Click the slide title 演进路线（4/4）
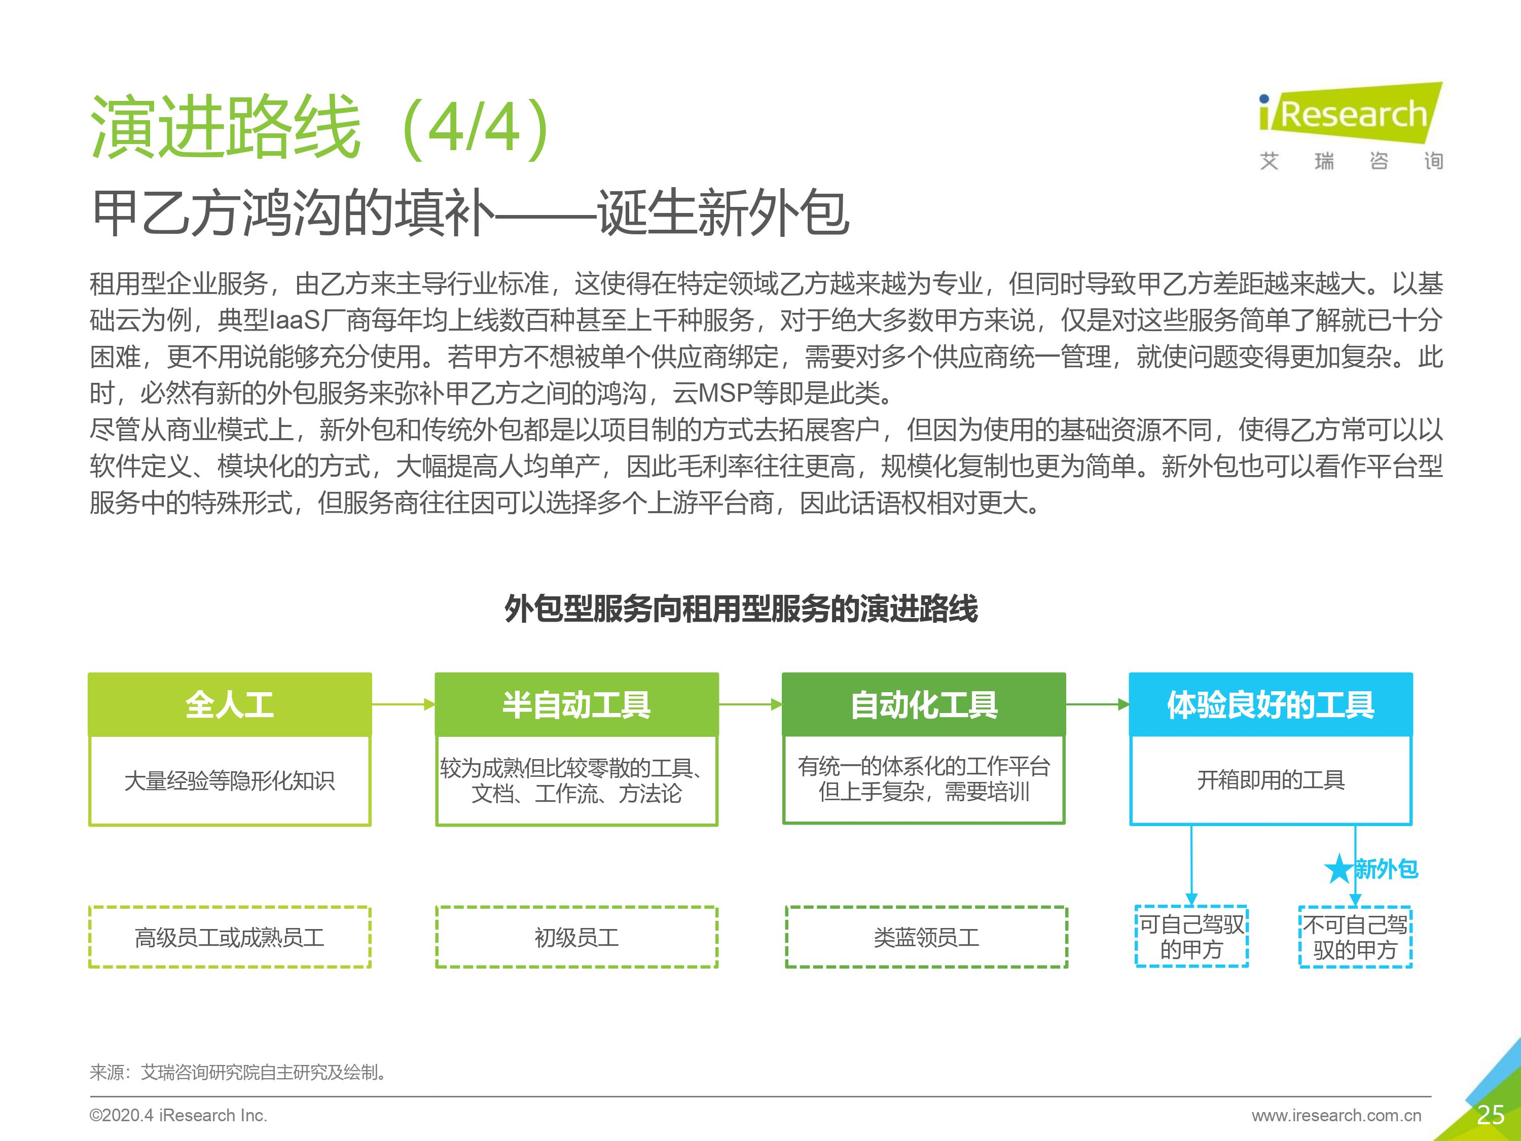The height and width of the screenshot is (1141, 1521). [x=320, y=127]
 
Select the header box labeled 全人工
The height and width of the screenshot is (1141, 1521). [x=230, y=704]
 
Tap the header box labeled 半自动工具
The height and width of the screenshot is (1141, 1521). [x=576, y=704]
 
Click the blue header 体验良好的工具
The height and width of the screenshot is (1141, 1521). [x=1271, y=704]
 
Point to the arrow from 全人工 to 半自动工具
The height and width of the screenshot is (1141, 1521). [x=404, y=704]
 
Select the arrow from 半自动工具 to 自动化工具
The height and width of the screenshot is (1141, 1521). [x=750, y=704]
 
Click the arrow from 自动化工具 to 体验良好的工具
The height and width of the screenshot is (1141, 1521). [x=1098, y=704]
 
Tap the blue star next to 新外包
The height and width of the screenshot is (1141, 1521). [x=1339, y=869]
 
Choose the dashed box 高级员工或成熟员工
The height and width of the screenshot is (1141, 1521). [x=230, y=937]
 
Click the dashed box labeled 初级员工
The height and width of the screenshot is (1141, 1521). [x=576, y=937]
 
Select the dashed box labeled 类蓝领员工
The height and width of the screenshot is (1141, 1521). [x=926, y=937]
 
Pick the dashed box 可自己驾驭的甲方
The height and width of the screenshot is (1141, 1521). [x=1191, y=937]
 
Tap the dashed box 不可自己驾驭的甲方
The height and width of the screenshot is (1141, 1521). [x=1355, y=937]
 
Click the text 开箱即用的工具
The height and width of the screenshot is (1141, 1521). [x=1271, y=780]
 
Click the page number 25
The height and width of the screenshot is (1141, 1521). [x=1490, y=1115]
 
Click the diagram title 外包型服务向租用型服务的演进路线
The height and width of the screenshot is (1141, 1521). [x=741, y=609]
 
